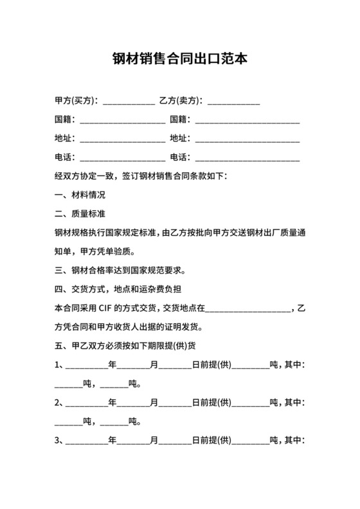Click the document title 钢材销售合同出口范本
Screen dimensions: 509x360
179,59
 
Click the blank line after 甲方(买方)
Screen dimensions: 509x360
129,102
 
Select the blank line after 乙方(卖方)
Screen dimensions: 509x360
234,102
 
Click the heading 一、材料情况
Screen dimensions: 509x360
80,195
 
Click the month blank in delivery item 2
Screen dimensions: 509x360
132,404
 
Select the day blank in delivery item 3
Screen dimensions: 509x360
175,442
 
